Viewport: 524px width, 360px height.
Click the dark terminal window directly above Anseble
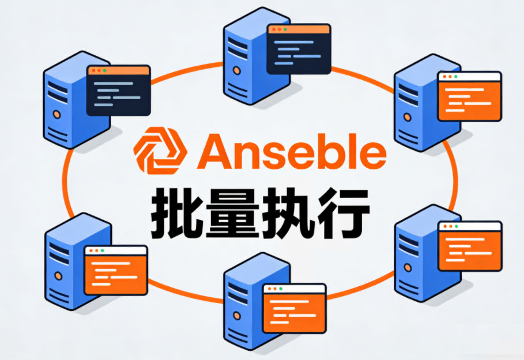(298, 49)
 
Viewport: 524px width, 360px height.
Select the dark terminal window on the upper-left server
(118, 91)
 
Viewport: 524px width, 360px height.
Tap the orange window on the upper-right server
(469, 96)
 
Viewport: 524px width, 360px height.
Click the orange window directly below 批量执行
(294, 309)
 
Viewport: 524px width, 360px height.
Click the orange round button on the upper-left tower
(56, 115)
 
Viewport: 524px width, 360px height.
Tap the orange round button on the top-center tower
(236, 71)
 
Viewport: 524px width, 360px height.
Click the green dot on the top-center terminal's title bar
(285, 29)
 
